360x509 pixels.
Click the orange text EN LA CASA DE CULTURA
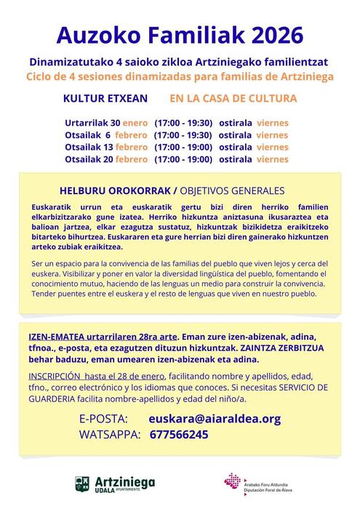coord(223,98)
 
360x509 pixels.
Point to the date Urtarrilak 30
coord(92,123)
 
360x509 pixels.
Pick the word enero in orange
coord(135,123)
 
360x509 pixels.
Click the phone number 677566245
coord(178,435)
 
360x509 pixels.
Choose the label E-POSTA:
coord(103,419)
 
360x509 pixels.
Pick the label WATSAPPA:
coord(110,435)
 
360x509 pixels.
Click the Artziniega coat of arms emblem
coord(83,483)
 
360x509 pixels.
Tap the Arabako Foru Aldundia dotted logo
coord(233,482)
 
